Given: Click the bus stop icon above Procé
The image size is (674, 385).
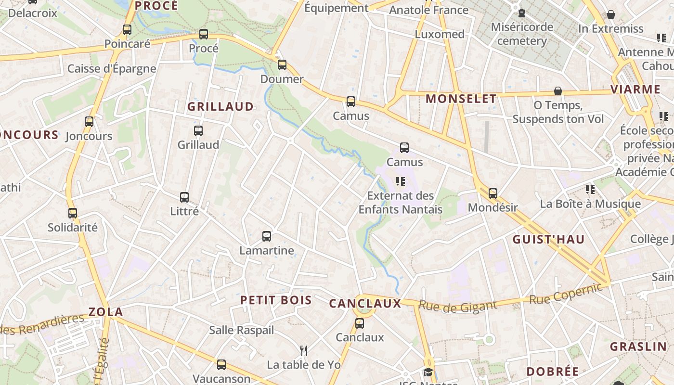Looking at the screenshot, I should pos(204,34).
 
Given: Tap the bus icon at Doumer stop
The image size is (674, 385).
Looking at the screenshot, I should pos(282,65).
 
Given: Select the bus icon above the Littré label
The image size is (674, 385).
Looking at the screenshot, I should pos(184,197).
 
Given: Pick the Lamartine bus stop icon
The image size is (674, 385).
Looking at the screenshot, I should pos(267,236).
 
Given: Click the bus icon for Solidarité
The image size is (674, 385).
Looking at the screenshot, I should pos(73,213).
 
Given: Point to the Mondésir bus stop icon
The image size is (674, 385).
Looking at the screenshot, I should pos(493,193).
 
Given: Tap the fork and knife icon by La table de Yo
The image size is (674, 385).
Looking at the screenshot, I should pos(304,350).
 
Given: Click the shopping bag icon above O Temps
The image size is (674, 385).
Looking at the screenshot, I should pos(558,91).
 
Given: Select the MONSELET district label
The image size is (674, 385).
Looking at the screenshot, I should pos(461,99).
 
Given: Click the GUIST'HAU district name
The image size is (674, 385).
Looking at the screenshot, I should pos(548,240).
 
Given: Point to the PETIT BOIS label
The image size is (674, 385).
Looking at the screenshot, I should pos(276,300).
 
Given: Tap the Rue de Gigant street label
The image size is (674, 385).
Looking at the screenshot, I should pos(457,306).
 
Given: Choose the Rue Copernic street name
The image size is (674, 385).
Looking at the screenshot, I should pos(566,293).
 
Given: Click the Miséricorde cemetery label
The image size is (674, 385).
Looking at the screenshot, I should pos(522,34).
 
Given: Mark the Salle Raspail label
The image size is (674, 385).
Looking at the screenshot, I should pos(241,330).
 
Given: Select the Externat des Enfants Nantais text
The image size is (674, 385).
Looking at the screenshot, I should pos(401,203).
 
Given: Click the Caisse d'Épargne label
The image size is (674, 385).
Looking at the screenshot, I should pos(112,68).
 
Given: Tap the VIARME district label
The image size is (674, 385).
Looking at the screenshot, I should pos(635,90).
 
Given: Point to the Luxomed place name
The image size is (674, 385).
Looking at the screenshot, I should pos(440,34).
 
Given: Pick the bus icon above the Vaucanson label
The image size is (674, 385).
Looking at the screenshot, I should pos(221,365).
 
